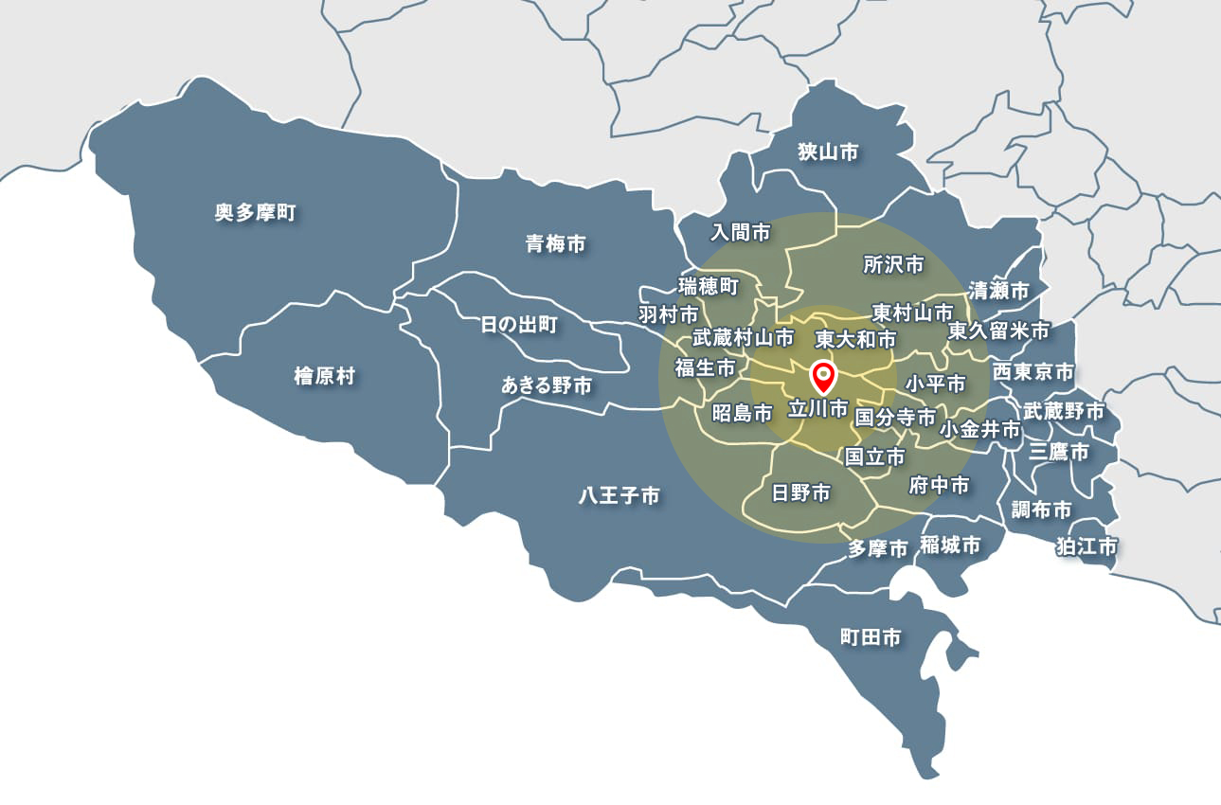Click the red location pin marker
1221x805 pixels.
point(824,378)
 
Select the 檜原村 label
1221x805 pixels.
point(324,377)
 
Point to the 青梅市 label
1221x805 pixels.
point(555,244)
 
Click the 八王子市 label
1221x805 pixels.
point(619,494)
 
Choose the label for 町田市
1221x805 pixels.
point(871,637)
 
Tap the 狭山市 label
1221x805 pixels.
point(828,152)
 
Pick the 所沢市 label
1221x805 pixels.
point(893,265)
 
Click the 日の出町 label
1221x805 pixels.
point(519,326)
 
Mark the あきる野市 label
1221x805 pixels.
point(547,385)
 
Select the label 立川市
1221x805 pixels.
point(818,409)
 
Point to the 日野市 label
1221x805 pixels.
point(801,492)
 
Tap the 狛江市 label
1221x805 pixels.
point(1087,546)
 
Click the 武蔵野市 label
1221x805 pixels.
point(1064,411)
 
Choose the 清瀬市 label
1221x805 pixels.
point(998,291)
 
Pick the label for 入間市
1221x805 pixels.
point(741,231)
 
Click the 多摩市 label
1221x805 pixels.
point(878,548)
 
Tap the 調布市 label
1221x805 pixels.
point(1041,510)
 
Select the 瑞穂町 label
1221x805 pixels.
point(708,285)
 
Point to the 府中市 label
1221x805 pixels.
point(939,486)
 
